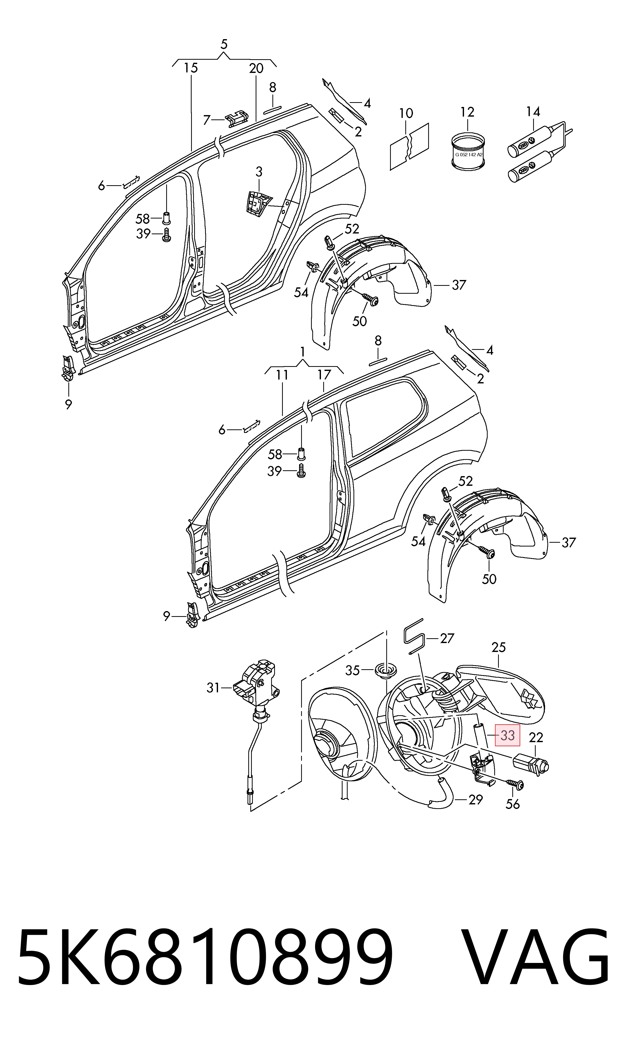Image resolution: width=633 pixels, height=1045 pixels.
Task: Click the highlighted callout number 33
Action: tap(508, 735)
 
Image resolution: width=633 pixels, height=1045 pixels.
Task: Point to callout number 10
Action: tap(406, 113)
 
